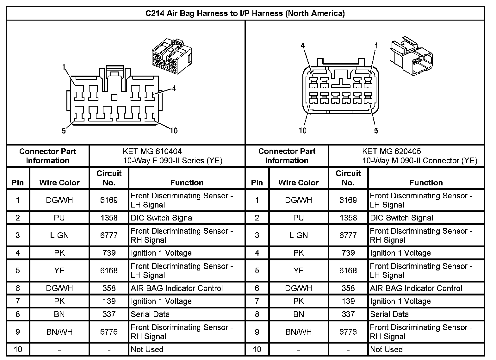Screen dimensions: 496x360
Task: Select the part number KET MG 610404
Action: pos(152,151)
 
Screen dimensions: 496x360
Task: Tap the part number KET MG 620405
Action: pos(391,151)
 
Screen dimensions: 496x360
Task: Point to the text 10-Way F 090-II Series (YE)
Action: pos(173,161)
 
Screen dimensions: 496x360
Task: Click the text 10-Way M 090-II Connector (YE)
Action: pos(419,161)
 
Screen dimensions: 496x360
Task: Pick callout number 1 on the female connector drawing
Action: pos(64,67)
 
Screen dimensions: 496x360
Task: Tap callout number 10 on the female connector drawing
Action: pos(174,130)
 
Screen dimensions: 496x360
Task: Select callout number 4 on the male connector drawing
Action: pos(302,46)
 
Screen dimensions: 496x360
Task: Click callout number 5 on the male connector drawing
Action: pos(376,130)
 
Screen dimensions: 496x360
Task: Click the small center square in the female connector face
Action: pos(115,98)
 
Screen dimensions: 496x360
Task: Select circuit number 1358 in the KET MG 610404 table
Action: pos(109,218)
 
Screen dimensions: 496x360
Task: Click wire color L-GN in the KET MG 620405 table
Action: pos(298,235)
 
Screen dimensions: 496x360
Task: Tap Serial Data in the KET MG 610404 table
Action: pos(150,314)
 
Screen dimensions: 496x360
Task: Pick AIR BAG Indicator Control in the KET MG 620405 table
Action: pos(416,289)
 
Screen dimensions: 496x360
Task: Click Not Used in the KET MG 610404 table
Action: pos(147,350)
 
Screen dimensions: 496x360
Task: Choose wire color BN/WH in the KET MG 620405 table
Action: pos(298,332)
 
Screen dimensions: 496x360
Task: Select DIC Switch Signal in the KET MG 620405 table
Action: pos(401,218)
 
